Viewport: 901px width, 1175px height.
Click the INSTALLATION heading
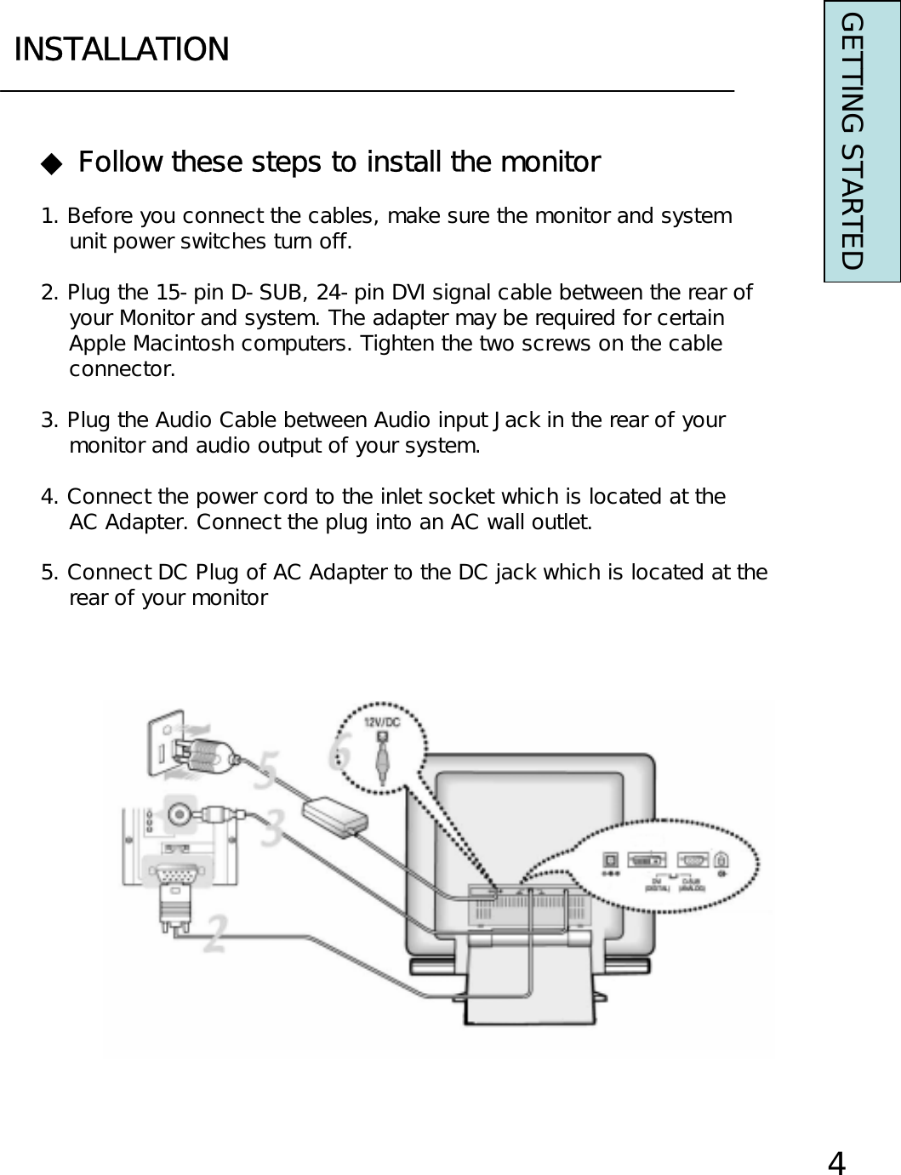coord(122,49)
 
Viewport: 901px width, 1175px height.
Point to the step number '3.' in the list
coord(50,420)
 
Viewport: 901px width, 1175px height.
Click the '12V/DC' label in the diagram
coord(382,720)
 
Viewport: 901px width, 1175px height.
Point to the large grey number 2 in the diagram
coord(216,933)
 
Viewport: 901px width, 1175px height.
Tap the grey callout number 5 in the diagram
coord(265,769)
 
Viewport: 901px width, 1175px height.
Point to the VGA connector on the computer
coord(172,877)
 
